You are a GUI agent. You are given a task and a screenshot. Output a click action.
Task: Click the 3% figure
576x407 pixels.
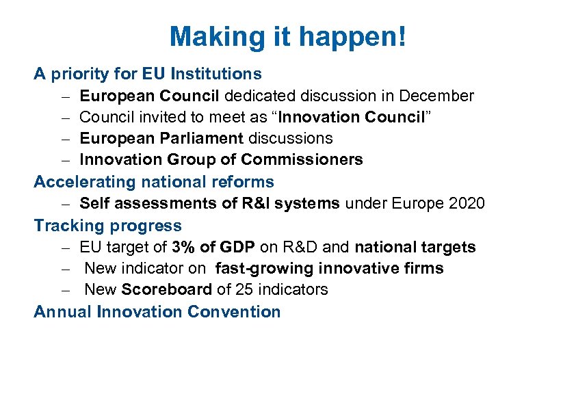point(185,247)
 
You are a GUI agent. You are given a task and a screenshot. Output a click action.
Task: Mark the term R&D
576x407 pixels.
point(302,247)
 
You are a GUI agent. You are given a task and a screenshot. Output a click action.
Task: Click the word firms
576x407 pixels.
point(423,269)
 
